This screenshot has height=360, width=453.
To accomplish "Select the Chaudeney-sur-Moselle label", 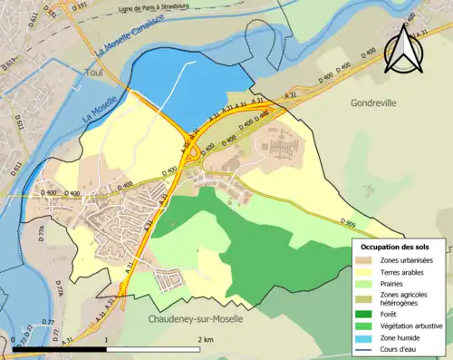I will (192, 319).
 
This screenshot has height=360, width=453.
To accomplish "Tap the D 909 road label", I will (348, 222).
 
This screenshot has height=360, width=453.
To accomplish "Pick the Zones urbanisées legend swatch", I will (367, 261).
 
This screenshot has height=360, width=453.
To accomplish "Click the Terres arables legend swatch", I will (367, 273).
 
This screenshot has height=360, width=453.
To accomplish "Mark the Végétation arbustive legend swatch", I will (367, 327).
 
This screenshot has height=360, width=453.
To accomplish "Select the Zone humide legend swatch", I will (367, 339).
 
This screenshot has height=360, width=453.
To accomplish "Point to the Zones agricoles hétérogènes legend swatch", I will (367, 298).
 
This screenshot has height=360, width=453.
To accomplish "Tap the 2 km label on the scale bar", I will (206, 339).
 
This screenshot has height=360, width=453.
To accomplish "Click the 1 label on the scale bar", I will (107, 339).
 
